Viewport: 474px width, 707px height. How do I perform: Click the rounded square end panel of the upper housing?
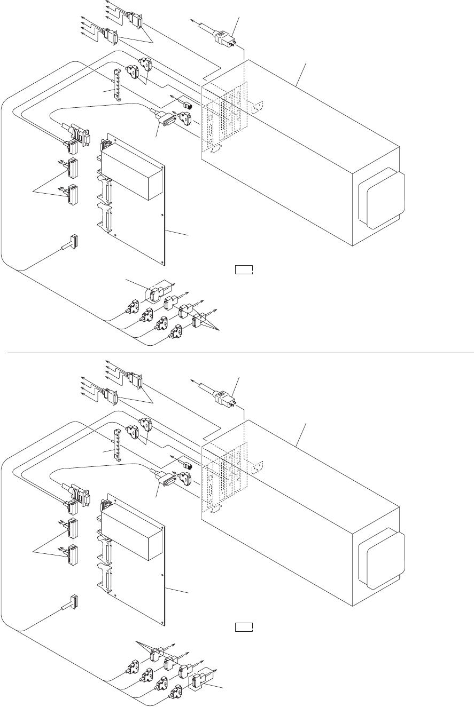pyautogui.click(x=382, y=198)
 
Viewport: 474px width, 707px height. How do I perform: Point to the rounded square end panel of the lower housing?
pyautogui.click(x=382, y=558)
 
